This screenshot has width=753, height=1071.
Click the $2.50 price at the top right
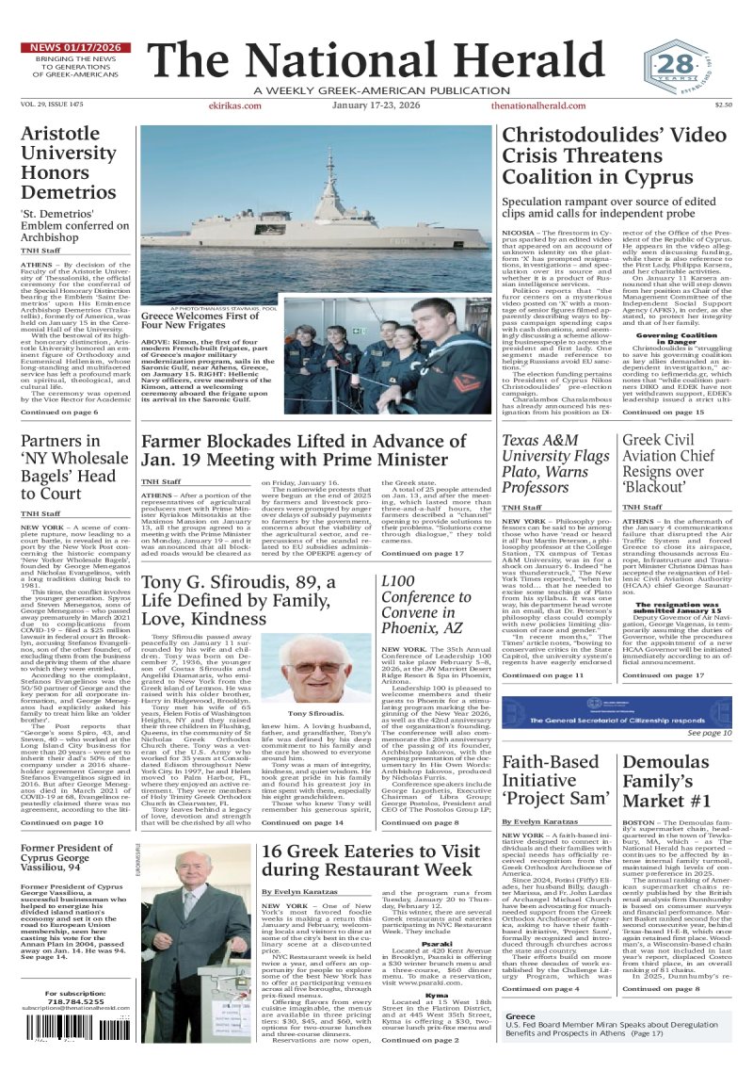pyautogui.click(x=723, y=106)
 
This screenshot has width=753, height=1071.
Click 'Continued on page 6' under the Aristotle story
pyautogui.click(x=58, y=413)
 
